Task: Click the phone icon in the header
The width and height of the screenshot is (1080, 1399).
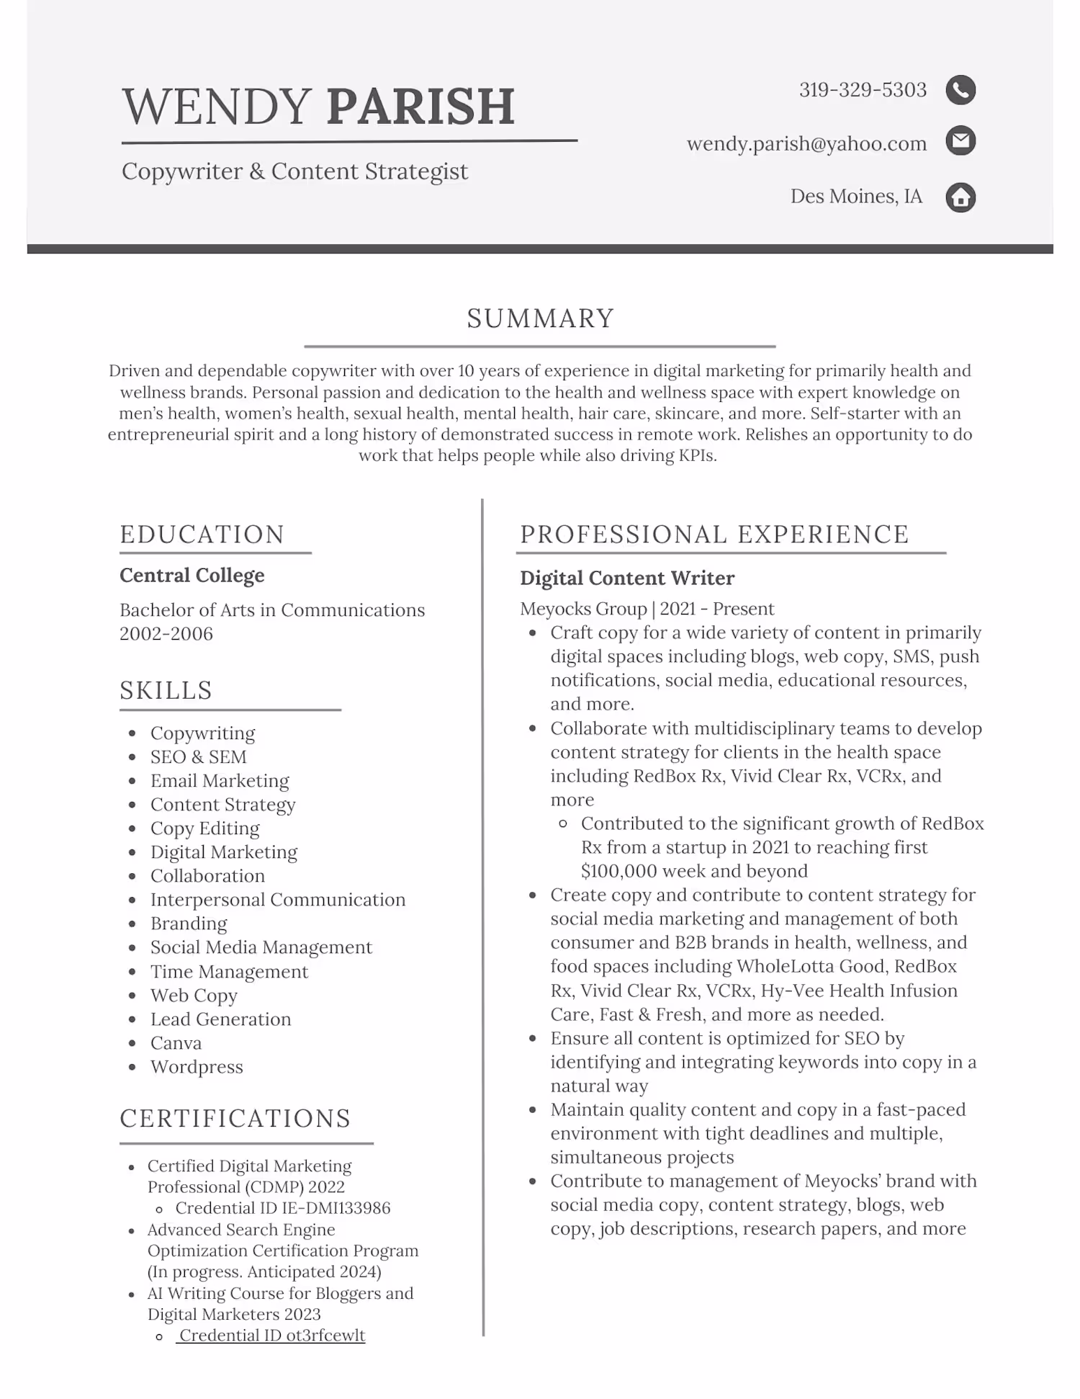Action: (960, 90)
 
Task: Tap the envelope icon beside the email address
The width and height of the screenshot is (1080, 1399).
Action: (960, 141)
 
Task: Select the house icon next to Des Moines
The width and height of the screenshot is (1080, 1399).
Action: (960, 197)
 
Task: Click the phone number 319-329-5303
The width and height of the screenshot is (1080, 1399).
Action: (863, 90)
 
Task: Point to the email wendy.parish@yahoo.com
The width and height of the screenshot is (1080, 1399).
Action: (806, 143)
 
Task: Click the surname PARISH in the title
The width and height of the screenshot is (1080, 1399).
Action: (420, 107)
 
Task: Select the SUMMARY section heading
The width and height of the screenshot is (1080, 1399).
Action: (540, 318)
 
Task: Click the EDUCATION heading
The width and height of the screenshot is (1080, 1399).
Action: (202, 535)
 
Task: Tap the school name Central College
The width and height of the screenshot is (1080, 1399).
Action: (192, 575)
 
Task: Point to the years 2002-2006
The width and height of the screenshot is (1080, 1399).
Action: (166, 634)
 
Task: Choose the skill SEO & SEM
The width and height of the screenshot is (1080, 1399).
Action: (198, 757)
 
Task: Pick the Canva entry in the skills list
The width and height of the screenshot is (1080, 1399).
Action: (176, 1043)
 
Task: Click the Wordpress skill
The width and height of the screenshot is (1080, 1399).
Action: (197, 1067)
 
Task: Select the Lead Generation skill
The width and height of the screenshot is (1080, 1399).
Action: (220, 1019)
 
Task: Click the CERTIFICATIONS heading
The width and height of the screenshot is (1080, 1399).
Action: (235, 1119)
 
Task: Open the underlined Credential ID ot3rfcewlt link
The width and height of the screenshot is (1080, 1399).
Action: (271, 1336)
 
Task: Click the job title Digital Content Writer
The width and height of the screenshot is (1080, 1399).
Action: (627, 578)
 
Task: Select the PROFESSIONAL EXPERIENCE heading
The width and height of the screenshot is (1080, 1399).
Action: (714, 535)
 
